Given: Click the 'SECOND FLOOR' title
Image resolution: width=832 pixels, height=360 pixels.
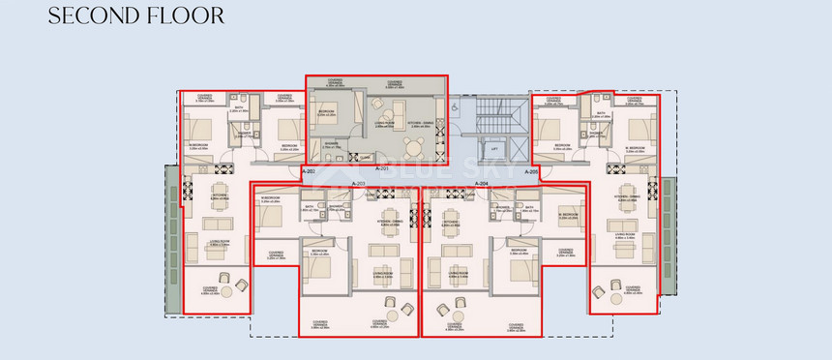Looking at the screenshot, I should [x=136, y=15].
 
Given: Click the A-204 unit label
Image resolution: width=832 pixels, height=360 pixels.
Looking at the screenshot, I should [x=482, y=183].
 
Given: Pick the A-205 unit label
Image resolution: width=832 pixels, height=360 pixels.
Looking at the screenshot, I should [x=531, y=170].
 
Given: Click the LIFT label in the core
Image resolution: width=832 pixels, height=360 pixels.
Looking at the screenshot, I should [x=495, y=149].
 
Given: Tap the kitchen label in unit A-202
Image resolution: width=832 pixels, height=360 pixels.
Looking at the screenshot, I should [x=220, y=196].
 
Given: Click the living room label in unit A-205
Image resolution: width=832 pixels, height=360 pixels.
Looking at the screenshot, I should [x=622, y=234].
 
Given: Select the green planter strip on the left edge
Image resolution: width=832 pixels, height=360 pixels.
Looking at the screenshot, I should [x=172, y=237].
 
